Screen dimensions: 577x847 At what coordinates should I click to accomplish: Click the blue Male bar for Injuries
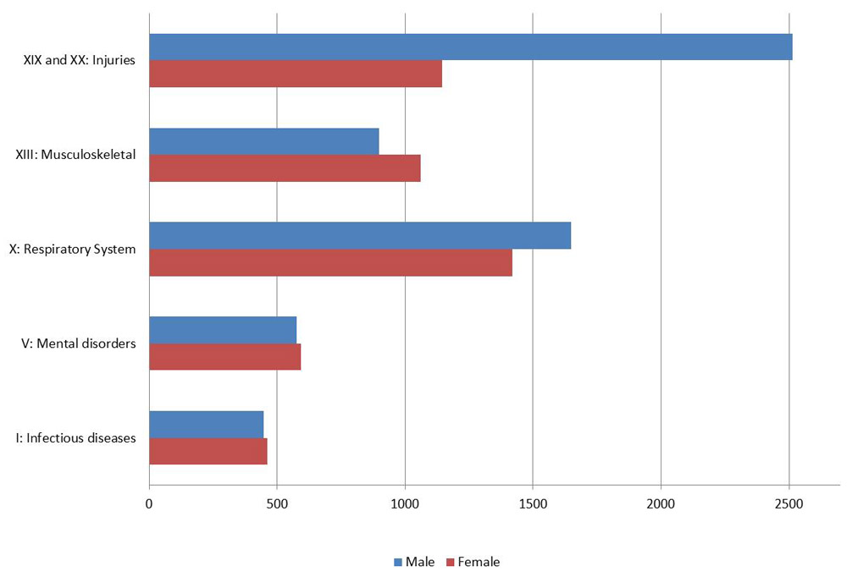coord(470,47)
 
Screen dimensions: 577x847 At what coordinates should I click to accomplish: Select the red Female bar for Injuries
coord(296,74)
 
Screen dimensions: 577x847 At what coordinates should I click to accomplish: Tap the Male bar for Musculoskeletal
coord(264,141)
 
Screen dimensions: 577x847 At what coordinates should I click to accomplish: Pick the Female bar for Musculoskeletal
coord(285,168)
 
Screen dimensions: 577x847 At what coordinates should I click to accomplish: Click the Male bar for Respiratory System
coord(360,235)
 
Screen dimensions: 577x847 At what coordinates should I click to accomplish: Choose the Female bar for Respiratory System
coord(330,262)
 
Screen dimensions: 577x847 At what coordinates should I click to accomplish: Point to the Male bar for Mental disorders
coord(223,330)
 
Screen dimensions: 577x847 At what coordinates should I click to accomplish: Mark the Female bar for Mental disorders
coord(225,356)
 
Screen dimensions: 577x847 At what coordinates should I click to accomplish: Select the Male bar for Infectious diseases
coord(207,424)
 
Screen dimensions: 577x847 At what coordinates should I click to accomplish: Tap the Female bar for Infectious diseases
coord(208,451)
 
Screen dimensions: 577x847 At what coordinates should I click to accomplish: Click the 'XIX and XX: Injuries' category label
coord(80,60)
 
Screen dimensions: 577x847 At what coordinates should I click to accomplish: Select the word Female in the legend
coord(479,562)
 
